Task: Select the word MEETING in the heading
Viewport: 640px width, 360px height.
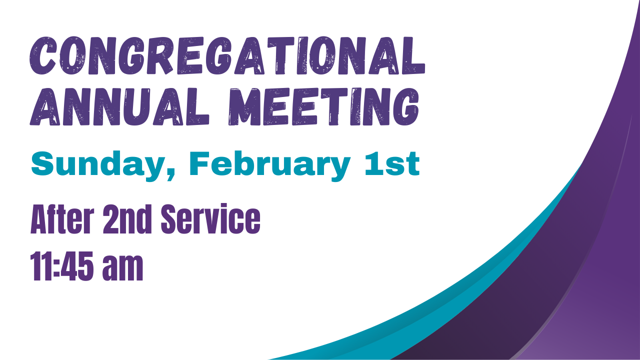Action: (x=323, y=107)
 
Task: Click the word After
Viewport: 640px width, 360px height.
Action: (x=61, y=220)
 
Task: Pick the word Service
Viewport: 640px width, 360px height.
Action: (x=210, y=220)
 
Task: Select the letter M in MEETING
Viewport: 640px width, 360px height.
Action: (x=245, y=107)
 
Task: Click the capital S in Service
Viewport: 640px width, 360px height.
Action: (x=171, y=220)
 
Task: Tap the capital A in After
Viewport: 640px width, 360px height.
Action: (x=40, y=220)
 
